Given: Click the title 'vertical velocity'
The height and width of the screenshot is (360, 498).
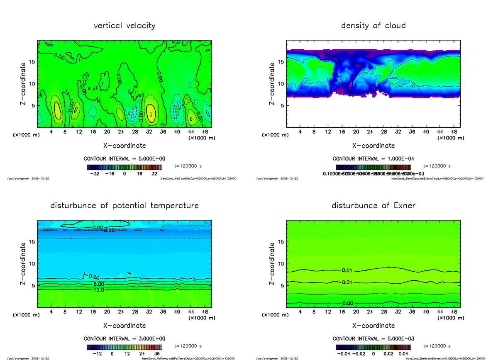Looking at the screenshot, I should [x=124, y=26].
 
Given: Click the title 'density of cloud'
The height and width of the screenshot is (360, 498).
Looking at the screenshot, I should [x=373, y=26].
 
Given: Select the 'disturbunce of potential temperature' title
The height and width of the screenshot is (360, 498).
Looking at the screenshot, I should [x=124, y=206].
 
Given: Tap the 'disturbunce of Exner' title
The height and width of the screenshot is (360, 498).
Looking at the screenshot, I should [x=373, y=206].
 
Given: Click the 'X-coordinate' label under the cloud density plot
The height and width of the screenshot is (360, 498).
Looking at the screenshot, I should [x=373, y=146].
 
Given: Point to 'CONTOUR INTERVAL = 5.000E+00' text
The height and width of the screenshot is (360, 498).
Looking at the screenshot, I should [x=124, y=159].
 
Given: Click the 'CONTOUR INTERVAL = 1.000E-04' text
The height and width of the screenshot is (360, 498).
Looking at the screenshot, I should [x=373, y=159].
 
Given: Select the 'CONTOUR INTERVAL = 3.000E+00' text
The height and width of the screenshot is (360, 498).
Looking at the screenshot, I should [x=124, y=338].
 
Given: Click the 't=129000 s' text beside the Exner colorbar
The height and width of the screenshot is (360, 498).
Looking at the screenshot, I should [x=437, y=346].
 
